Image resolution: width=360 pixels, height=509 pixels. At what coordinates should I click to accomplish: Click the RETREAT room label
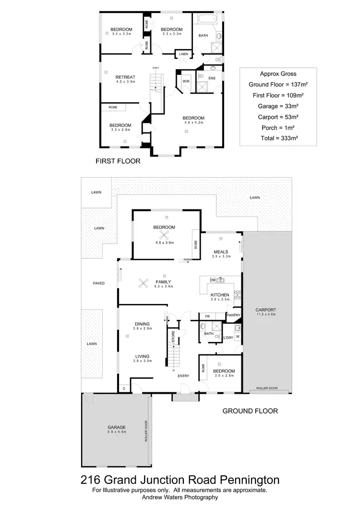point(125,77)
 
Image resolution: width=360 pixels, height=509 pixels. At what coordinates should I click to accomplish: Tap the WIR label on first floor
point(185,82)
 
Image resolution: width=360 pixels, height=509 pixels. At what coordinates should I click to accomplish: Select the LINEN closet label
point(183,54)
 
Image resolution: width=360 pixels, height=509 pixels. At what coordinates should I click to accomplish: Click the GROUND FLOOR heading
point(250,411)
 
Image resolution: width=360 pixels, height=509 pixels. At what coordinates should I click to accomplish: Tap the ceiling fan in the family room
point(144,283)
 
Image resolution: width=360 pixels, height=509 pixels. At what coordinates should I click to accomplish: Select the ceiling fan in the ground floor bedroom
point(164,235)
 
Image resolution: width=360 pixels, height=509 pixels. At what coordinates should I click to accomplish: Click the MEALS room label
point(221,252)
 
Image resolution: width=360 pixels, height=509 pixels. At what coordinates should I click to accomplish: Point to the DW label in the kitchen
point(213,280)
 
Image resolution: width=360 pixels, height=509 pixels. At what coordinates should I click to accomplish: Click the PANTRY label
point(233,315)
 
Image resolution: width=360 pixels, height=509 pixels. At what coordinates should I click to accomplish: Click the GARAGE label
point(117,427)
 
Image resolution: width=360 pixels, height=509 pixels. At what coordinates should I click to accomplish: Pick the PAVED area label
point(98,283)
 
